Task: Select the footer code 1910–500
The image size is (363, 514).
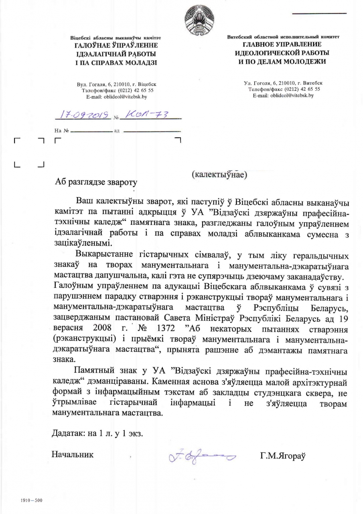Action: click(x=31, y=500)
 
